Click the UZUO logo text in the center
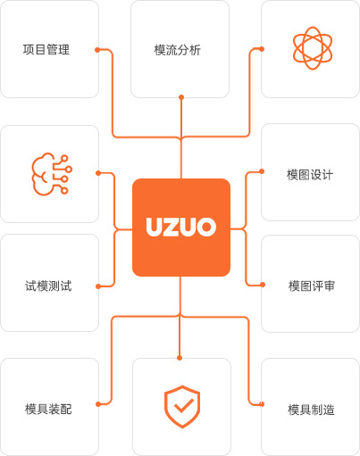(181, 227)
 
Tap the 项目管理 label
(46, 49)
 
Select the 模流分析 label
(178, 50)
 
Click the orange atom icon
(313, 48)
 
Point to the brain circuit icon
(52, 174)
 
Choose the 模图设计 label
(310, 175)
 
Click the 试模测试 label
(48, 286)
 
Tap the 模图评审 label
(312, 286)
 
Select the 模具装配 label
(48, 409)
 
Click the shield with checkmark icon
(182, 407)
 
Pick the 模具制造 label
(311, 410)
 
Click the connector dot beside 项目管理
(97, 50)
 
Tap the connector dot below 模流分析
(181, 97)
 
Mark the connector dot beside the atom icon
(262, 49)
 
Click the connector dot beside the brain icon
(98, 173)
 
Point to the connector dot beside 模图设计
(262, 171)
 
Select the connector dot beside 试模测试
(98, 286)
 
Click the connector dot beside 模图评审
(263, 285)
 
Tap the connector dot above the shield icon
(180, 358)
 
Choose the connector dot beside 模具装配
(98, 404)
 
